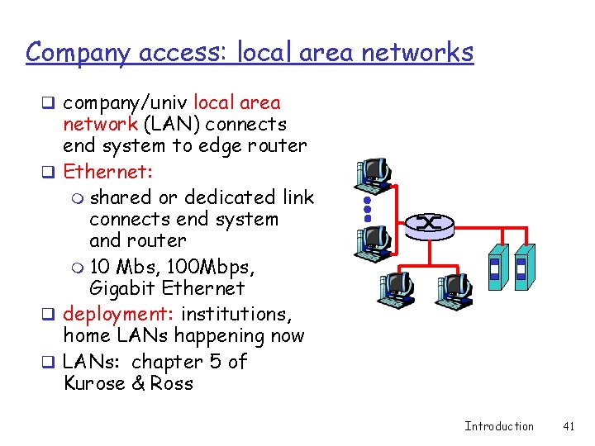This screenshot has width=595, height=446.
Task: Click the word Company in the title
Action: tap(75, 52)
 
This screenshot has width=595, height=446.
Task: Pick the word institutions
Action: tap(245, 315)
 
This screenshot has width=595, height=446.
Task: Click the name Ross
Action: tap(172, 383)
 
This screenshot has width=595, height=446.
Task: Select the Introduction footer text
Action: tap(499, 426)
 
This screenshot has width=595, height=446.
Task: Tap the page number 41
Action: tap(568, 426)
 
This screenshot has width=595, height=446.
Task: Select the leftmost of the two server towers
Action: tap(496, 268)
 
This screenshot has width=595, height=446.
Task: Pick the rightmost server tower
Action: tap(523, 268)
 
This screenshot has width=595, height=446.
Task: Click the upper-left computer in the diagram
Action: tap(373, 172)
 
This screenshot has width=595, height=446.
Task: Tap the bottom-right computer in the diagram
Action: tap(454, 289)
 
